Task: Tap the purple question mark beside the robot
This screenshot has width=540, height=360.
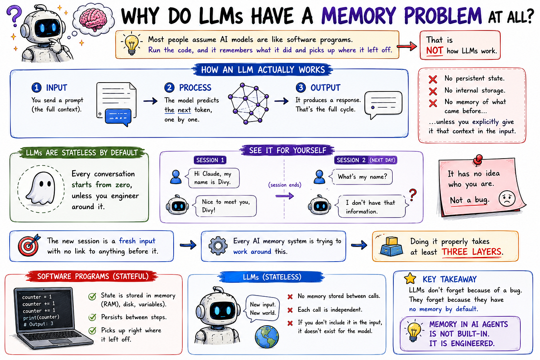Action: tap(14, 15)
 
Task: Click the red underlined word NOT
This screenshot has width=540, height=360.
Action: tap(434, 51)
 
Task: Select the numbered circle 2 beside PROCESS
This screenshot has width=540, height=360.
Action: tap(169, 88)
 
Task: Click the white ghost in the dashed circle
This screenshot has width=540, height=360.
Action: tap(41, 188)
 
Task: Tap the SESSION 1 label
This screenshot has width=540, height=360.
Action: tap(210, 160)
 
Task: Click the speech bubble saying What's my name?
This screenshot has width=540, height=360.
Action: tap(362, 177)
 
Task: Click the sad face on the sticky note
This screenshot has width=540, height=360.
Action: tap(507, 198)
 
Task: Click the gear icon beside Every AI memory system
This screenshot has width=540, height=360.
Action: tap(218, 246)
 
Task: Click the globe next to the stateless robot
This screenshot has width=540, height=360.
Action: tap(267, 336)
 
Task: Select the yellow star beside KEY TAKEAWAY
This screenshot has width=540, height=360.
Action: tap(410, 278)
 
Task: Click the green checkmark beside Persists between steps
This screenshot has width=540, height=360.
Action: tap(92, 317)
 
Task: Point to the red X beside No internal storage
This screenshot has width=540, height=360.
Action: tap(433, 91)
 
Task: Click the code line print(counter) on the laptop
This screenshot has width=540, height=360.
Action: tap(41, 317)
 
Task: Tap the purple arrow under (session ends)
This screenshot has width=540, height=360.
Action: tap(285, 196)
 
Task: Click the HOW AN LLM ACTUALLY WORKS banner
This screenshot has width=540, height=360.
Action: tap(263, 70)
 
